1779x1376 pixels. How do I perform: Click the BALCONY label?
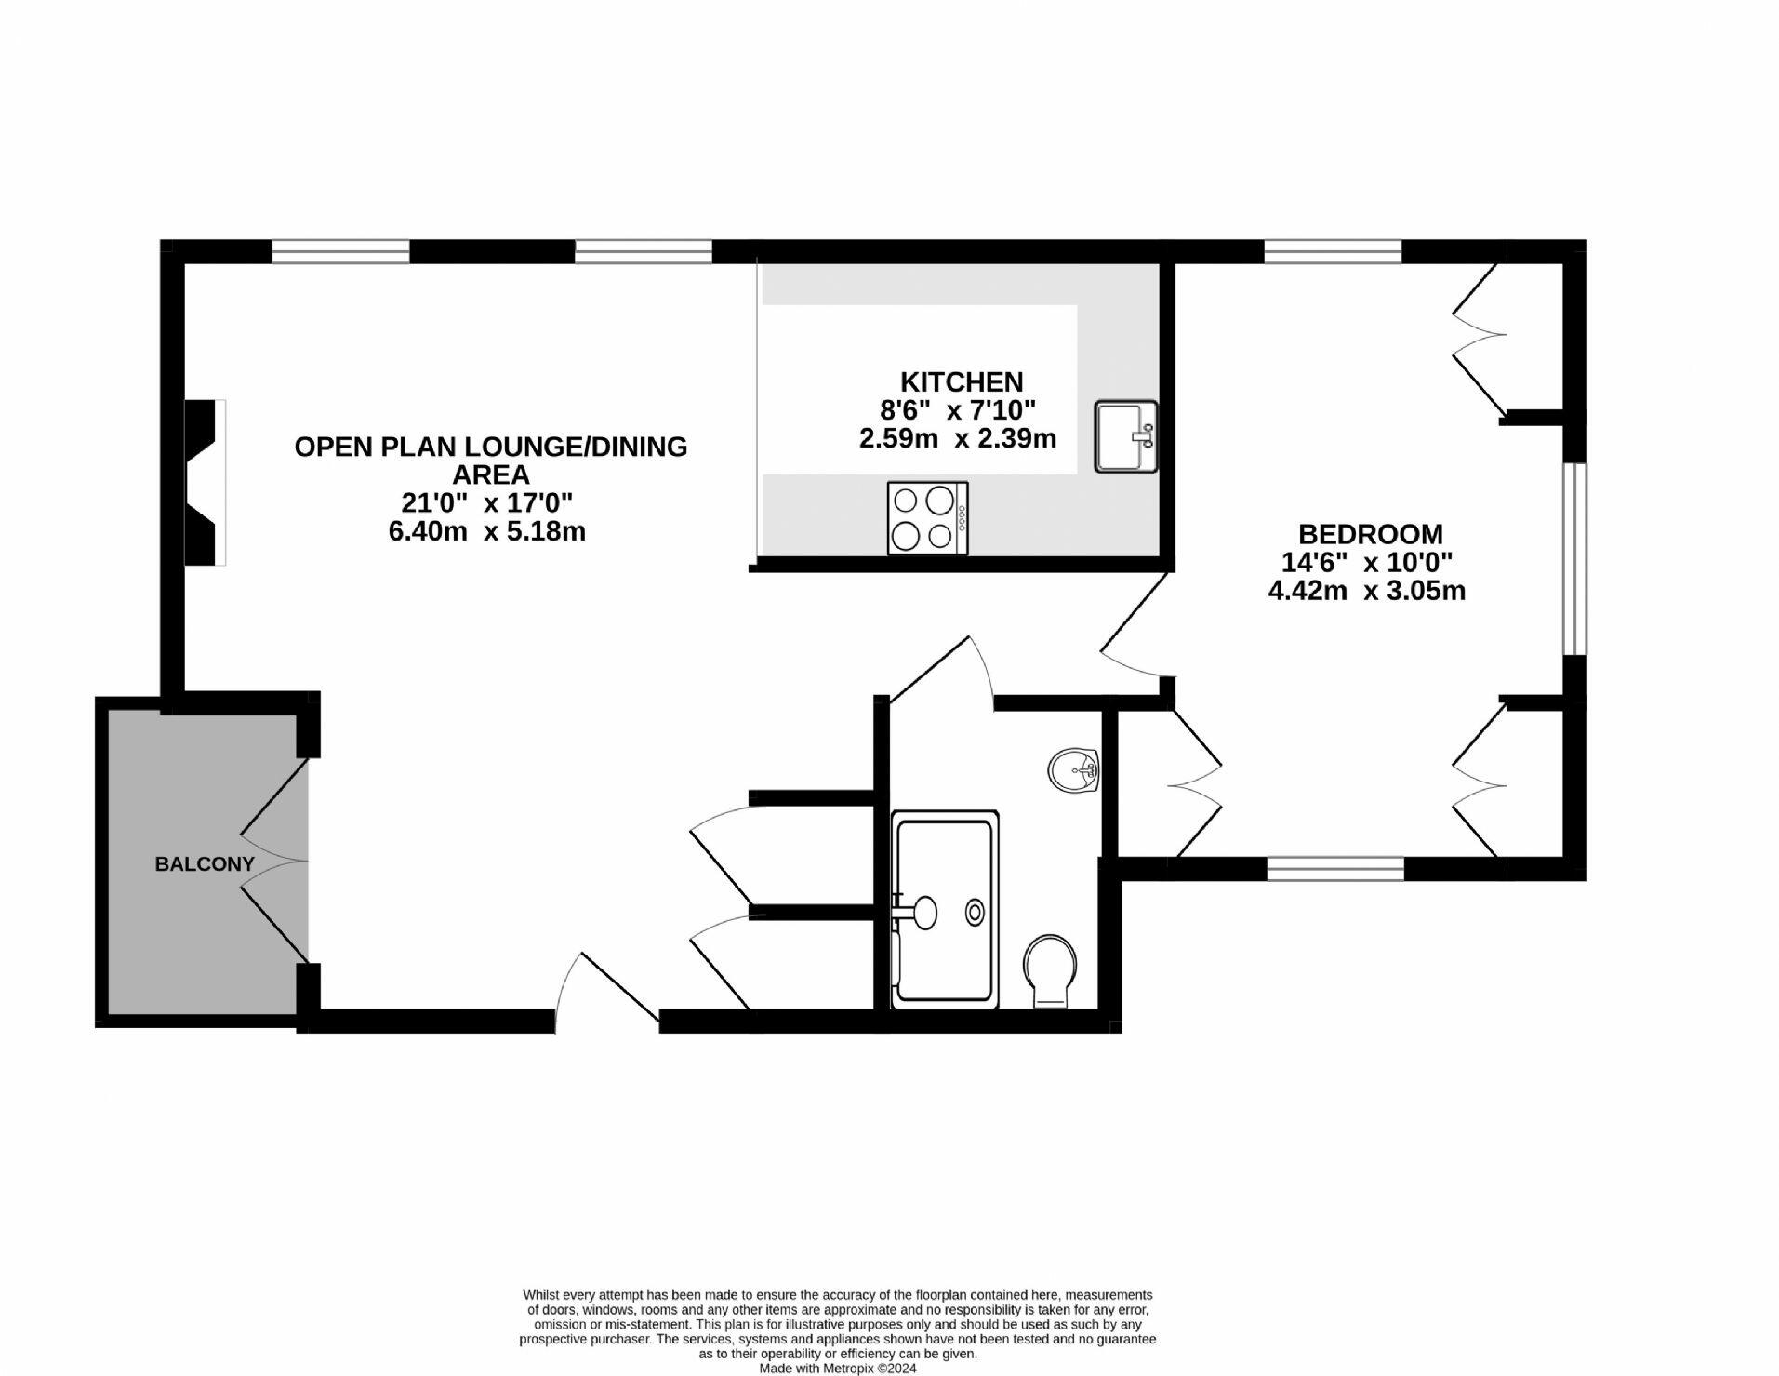pos(205,864)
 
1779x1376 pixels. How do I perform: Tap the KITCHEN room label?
pos(962,381)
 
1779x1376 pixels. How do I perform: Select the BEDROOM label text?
pos(1371,534)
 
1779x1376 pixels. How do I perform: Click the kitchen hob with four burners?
pos(927,518)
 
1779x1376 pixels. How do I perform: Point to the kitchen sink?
pos(1126,436)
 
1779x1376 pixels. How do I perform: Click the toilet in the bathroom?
pos(1051,971)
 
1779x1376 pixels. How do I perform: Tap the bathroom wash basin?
pos(1074,770)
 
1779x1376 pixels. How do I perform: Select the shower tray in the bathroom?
pos(946,910)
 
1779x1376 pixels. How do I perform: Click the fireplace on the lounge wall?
pos(206,482)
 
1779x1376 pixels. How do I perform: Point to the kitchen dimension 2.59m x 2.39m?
pos(958,438)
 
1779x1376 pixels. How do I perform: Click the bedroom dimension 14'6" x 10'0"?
pos(1367,562)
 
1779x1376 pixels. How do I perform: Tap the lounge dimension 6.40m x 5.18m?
pos(486,531)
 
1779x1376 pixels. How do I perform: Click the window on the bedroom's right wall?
pos(1574,559)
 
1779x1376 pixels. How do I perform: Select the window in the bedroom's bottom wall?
pos(1335,869)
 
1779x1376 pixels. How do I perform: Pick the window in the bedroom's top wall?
pos(1333,251)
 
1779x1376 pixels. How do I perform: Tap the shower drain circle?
pos(975,913)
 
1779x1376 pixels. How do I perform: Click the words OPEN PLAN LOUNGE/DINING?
pos(491,447)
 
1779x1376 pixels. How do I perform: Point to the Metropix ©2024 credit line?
pos(838,1369)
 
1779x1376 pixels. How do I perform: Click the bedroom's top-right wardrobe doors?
pos(1479,341)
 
